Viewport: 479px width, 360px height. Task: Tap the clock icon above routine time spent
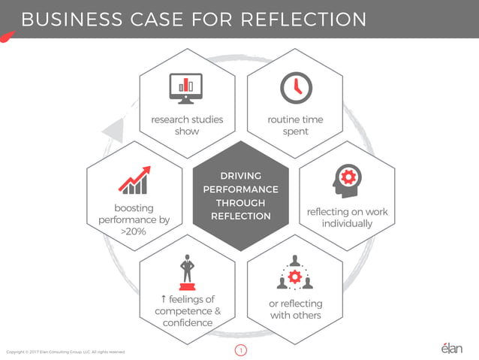click(x=295, y=89)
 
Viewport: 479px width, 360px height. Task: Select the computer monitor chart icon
click(x=186, y=89)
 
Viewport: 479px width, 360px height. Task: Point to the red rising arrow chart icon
click(x=133, y=180)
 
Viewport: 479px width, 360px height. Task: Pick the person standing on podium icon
click(x=187, y=274)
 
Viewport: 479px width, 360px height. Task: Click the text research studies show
click(x=187, y=126)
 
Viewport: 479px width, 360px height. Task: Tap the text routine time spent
click(x=295, y=126)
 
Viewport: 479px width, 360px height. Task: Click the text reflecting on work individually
click(x=347, y=218)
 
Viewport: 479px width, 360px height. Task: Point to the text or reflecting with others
click(x=295, y=310)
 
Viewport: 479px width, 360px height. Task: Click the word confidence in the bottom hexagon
click(x=187, y=323)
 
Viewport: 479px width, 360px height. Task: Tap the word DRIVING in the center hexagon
click(x=240, y=176)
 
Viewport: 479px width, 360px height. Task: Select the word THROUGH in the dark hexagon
click(x=240, y=203)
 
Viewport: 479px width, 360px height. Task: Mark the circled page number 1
click(x=240, y=350)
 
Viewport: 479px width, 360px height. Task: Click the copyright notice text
click(x=65, y=351)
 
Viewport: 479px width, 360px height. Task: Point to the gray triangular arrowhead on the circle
click(x=112, y=129)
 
